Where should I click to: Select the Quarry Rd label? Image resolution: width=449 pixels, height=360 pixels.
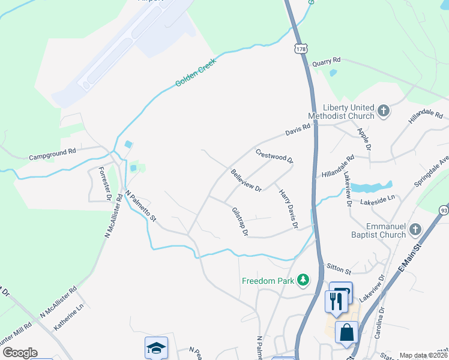click(327, 61)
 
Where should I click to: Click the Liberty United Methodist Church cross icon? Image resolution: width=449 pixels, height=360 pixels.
click(384, 111)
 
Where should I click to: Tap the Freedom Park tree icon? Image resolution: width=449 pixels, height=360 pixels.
click(304, 280)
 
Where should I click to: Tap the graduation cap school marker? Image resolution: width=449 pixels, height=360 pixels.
click(156, 348)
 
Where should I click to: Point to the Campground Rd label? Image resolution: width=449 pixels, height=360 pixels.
click(53, 154)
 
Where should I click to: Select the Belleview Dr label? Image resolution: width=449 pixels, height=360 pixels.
click(246, 180)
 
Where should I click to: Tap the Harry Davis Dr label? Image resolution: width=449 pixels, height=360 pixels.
click(288, 209)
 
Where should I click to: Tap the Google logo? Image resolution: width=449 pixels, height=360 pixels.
click(20, 353)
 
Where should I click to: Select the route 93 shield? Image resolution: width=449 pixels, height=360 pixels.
click(443, 210)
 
